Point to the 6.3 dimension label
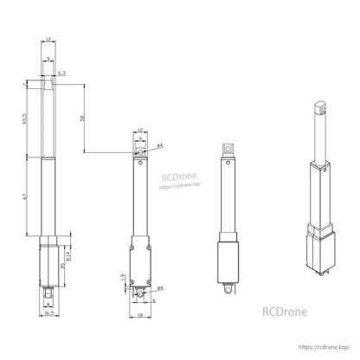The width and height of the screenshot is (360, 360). coord(63,75)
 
